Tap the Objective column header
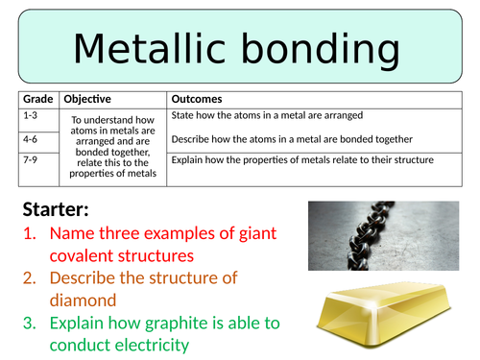(x=87, y=99)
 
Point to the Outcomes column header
(x=196, y=99)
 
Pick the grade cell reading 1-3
(x=31, y=115)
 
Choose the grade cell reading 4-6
(x=31, y=137)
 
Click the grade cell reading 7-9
(x=31, y=159)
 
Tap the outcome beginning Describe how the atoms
(x=291, y=138)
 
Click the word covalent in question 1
(x=84, y=255)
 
